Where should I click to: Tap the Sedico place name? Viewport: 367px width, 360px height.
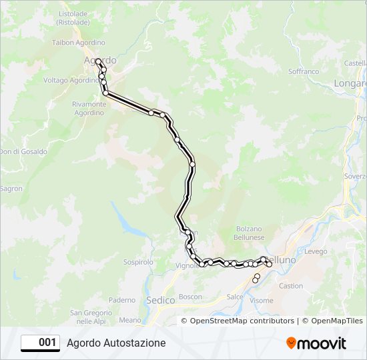159,300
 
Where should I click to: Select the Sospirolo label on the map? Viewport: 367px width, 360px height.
139,263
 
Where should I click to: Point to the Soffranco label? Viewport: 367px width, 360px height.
304,71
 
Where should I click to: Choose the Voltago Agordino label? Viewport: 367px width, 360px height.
71,80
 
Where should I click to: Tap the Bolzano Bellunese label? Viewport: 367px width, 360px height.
250,233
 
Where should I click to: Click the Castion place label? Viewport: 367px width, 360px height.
291,286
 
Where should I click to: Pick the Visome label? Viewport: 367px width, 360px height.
261,301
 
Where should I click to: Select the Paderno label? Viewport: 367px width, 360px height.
121,300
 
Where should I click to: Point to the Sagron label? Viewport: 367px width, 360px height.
11,189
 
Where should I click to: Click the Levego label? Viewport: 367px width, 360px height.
316,251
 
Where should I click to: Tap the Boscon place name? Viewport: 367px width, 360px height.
190,297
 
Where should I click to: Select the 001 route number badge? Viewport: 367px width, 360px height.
41,343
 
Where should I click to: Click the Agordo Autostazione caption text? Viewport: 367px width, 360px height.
116,343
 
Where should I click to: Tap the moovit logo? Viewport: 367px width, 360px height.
316,343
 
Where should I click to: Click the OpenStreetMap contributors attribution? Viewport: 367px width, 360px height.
242,321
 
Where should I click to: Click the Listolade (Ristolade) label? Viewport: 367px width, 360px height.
74,17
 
